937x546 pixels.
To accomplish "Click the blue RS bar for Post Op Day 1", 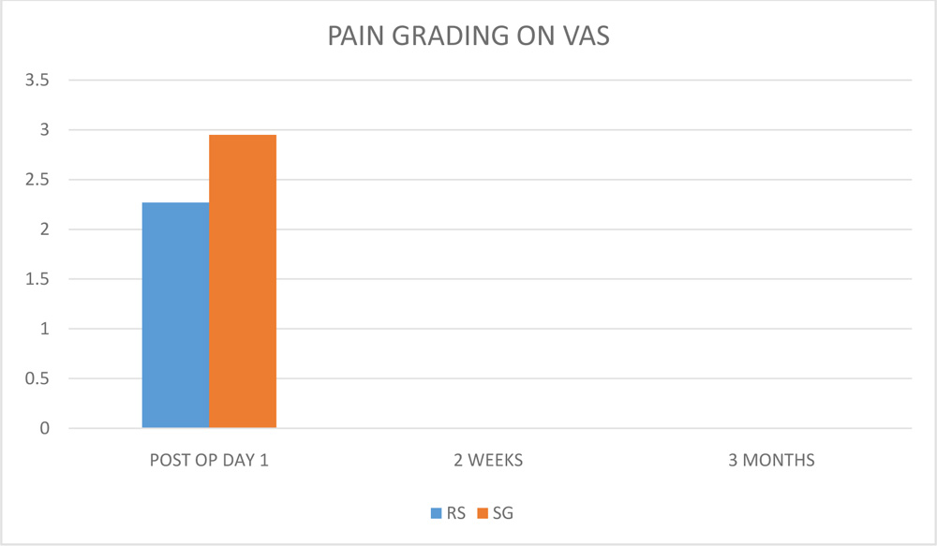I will [x=175, y=316].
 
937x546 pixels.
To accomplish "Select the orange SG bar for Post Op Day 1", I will [x=243, y=282].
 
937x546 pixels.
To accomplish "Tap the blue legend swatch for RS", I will [x=436, y=512].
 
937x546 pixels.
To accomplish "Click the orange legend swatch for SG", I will [x=483, y=512].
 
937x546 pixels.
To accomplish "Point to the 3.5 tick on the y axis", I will [x=38, y=81].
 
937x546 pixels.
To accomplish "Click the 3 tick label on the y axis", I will [x=45, y=130].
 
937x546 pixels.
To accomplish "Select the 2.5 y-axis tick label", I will [x=38, y=180].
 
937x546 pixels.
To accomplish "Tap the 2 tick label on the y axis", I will [x=45, y=229].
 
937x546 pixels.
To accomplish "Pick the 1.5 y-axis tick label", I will [x=38, y=279].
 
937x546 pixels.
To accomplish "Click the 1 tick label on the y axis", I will [x=45, y=330].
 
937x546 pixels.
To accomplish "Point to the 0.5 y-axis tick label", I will [x=38, y=379].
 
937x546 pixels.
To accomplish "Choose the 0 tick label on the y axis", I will [x=45, y=429].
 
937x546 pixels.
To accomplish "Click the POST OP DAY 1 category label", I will [x=209, y=460].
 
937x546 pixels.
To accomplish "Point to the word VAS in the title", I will [x=587, y=37].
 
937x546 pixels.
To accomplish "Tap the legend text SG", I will [x=502, y=512].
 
